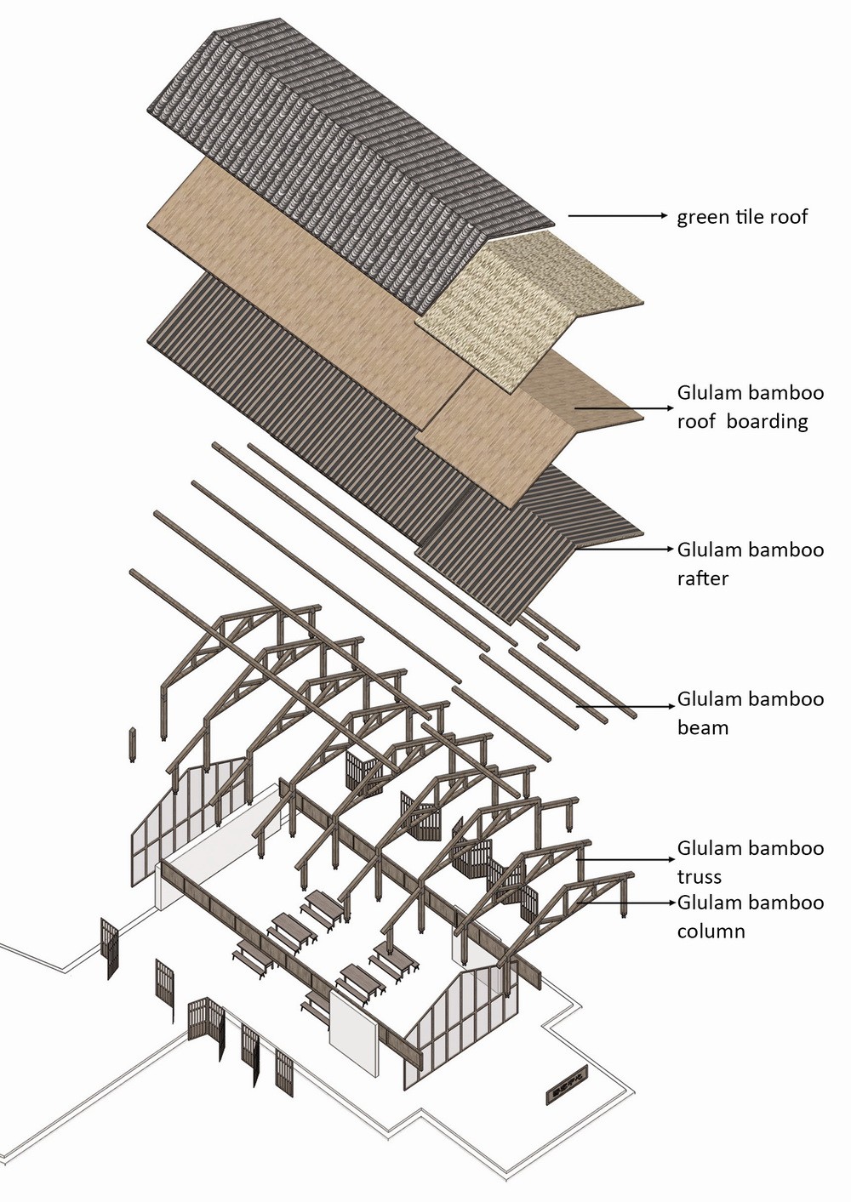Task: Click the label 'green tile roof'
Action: [741, 217]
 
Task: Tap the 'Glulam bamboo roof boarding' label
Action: [750, 407]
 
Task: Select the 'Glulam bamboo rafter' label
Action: [750, 563]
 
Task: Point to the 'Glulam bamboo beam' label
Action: [750, 713]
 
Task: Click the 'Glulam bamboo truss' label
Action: [750, 862]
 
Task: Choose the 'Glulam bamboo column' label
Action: [750, 915]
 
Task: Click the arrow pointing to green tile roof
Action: [617, 216]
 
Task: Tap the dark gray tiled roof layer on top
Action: [340, 128]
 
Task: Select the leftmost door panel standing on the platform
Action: [109, 948]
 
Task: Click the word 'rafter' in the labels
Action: [703, 578]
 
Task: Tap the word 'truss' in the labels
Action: [700, 877]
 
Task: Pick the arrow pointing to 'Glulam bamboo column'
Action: [630, 903]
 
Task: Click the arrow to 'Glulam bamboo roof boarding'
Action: [621, 408]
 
